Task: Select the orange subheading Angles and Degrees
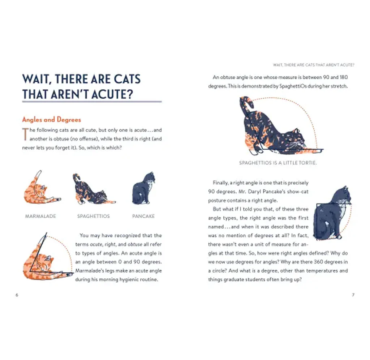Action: pyautogui.click(x=51, y=120)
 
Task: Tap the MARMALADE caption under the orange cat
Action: pyautogui.click(x=40, y=216)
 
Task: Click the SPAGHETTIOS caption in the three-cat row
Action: pyautogui.click(x=94, y=216)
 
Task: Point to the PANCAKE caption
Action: pyautogui.click(x=143, y=216)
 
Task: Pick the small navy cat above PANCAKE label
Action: pyautogui.click(x=143, y=188)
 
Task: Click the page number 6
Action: pyautogui.click(x=17, y=295)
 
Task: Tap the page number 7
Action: pyautogui.click(x=353, y=295)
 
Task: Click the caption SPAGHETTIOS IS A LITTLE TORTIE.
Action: pyautogui.click(x=278, y=163)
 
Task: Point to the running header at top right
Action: pyautogui.click(x=314, y=65)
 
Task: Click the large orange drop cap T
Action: pyautogui.click(x=25, y=134)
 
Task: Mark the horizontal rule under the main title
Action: pyautogui.click(x=92, y=102)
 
